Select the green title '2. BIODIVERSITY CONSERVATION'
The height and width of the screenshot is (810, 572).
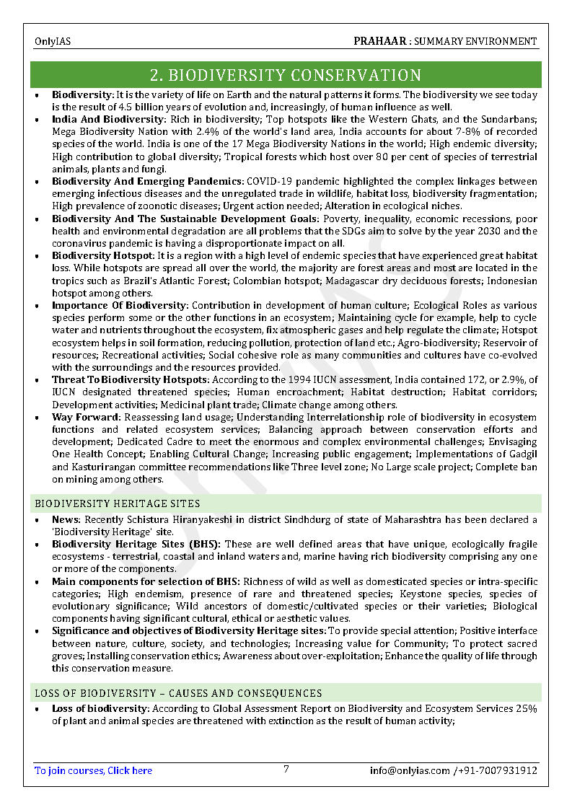tap(286, 75)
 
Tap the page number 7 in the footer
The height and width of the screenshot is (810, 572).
tap(286, 769)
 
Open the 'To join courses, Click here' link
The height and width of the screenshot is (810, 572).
tap(94, 770)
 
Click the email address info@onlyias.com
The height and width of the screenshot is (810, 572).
tap(410, 770)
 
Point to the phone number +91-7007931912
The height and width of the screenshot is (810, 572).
tap(498, 770)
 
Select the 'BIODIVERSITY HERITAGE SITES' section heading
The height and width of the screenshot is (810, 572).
tap(118, 503)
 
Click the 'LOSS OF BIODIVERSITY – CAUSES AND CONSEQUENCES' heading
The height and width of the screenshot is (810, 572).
tap(178, 693)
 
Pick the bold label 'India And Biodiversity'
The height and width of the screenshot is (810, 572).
tap(108, 119)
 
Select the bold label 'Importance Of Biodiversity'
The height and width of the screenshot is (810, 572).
tap(119, 306)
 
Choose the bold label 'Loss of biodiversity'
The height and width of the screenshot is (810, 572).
tap(100, 709)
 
